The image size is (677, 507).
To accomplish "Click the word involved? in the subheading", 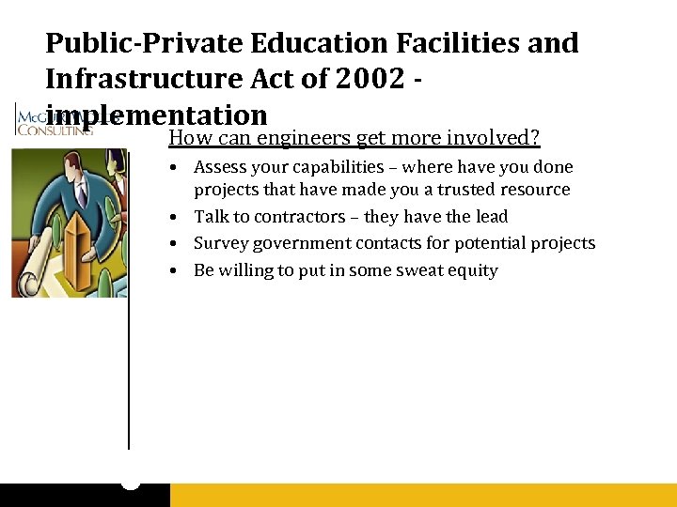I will click(x=495, y=139).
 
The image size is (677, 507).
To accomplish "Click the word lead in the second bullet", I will click(x=492, y=217).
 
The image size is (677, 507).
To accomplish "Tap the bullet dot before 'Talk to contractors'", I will click(x=177, y=217).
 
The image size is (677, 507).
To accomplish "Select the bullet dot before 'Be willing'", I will click(x=177, y=270).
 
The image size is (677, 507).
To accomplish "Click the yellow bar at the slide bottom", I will click(x=423, y=495).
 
